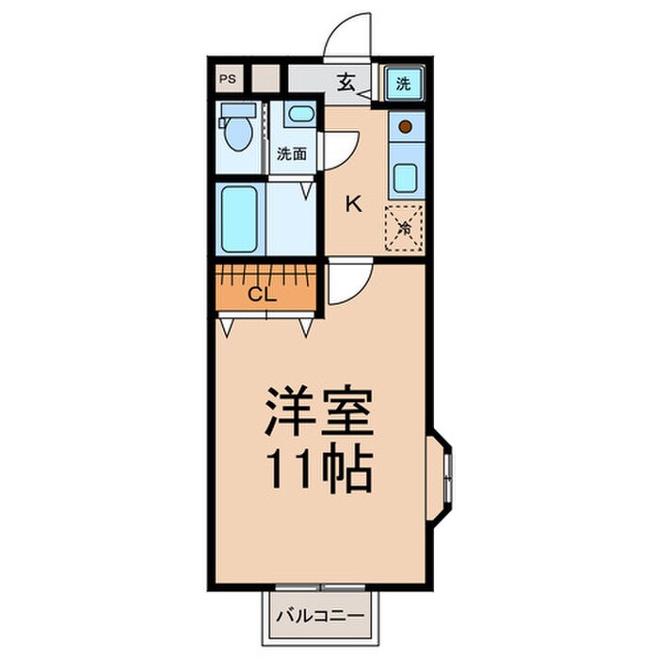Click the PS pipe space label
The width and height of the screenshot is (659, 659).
click(229, 79)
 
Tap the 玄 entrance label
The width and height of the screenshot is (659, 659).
click(346, 83)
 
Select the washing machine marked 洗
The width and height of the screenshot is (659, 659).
click(404, 83)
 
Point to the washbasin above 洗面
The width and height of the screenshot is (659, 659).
click(300, 116)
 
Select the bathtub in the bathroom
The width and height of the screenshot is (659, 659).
click(239, 218)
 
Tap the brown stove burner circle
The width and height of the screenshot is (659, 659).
click(406, 125)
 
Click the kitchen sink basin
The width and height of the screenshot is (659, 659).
click(406, 177)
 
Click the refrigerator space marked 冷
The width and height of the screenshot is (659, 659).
click(405, 226)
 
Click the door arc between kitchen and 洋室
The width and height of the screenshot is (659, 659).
click(347, 282)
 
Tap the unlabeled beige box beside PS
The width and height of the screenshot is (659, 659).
click(265, 79)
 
